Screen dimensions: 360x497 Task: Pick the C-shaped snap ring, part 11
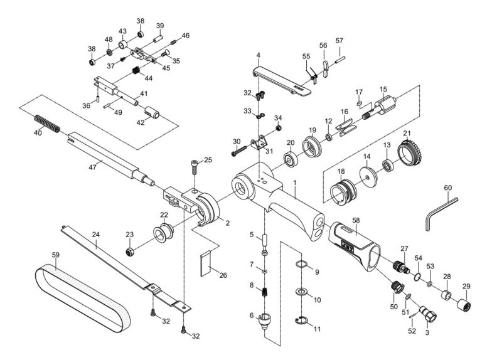[x=303, y=322]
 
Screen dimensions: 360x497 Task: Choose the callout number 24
[x=95, y=235]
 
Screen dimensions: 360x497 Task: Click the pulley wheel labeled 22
[x=165, y=236]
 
